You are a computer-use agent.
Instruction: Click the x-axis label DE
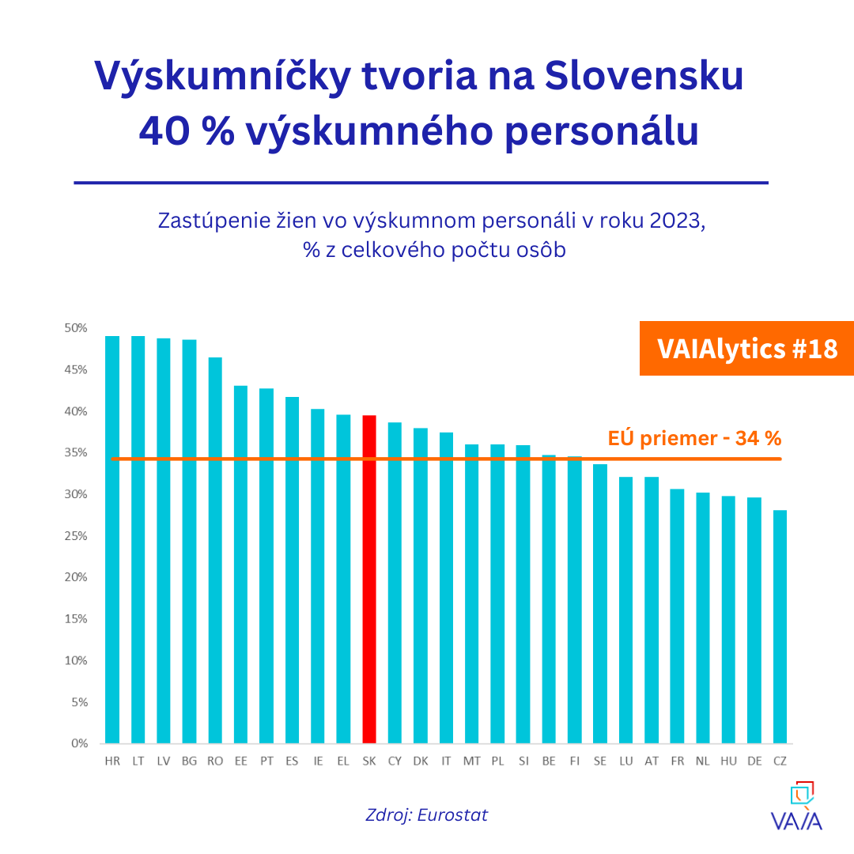click(x=754, y=761)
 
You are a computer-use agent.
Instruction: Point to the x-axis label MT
click(x=471, y=761)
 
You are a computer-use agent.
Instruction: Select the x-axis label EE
click(x=240, y=761)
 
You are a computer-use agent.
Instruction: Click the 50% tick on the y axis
click(x=76, y=328)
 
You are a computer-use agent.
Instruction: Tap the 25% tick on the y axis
click(x=76, y=536)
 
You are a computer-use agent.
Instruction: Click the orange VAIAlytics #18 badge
click(x=746, y=349)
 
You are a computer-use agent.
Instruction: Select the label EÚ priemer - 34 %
click(x=694, y=438)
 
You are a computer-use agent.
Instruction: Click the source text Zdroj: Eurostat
click(x=427, y=814)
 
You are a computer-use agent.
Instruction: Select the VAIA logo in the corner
click(x=796, y=807)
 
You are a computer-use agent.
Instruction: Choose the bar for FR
click(x=677, y=616)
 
